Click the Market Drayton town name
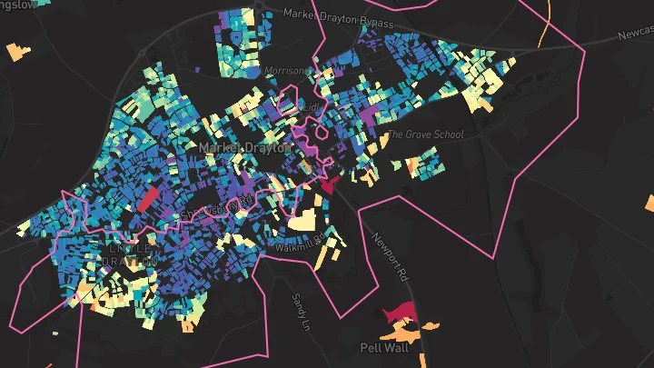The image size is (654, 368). (x=243, y=147)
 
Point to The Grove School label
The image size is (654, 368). (x=425, y=135)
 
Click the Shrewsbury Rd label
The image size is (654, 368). (x=215, y=211)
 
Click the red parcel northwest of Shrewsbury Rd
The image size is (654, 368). (x=148, y=199)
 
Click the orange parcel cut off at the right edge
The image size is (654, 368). (x=649, y=203)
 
